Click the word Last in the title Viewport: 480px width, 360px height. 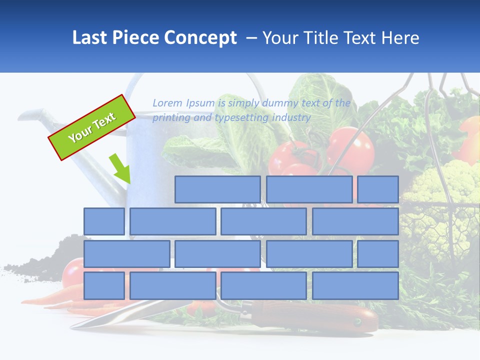[x=88, y=38]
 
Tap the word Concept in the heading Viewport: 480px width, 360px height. [x=201, y=38]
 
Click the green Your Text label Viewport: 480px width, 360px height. [x=92, y=127]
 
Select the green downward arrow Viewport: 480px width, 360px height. [x=120, y=169]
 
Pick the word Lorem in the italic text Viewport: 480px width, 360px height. [x=167, y=103]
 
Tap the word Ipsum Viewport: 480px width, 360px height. [x=200, y=103]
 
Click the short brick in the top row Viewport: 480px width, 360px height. [x=378, y=189]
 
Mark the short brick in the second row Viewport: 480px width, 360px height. [x=104, y=221]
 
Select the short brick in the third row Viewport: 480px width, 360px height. [x=378, y=253]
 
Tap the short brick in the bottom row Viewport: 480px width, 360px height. [x=104, y=285]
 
